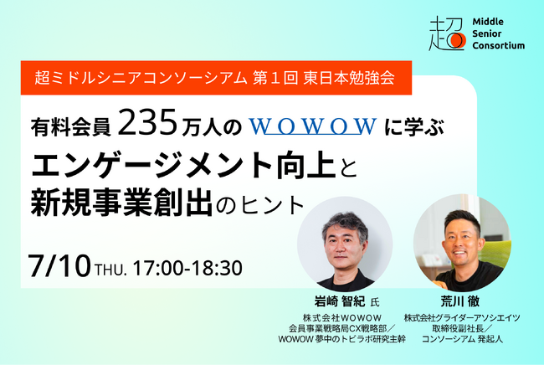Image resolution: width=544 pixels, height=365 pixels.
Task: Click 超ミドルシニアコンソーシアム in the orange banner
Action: click(x=141, y=81)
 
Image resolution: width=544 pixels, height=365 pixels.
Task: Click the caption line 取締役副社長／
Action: click(x=461, y=328)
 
